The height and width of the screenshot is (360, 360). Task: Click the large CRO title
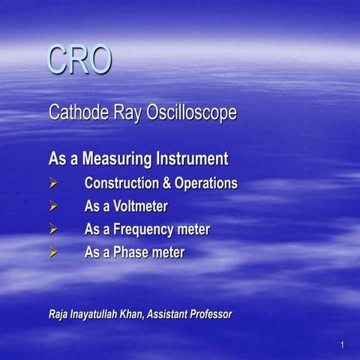tap(79, 60)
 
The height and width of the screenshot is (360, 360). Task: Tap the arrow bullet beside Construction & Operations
tap(53, 183)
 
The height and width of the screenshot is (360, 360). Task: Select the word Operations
tap(205, 184)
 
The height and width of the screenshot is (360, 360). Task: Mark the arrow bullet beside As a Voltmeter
tap(53, 206)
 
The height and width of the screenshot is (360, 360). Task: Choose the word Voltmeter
tap(138, 206)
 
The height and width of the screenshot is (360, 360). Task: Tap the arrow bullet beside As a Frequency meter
tap(53, 229)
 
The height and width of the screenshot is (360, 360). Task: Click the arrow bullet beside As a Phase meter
tap(53, 253)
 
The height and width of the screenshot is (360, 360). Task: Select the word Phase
tap(130, 253)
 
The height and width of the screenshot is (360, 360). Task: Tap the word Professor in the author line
tap(205, 313)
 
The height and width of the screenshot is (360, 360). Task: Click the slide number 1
tap(341, 345)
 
